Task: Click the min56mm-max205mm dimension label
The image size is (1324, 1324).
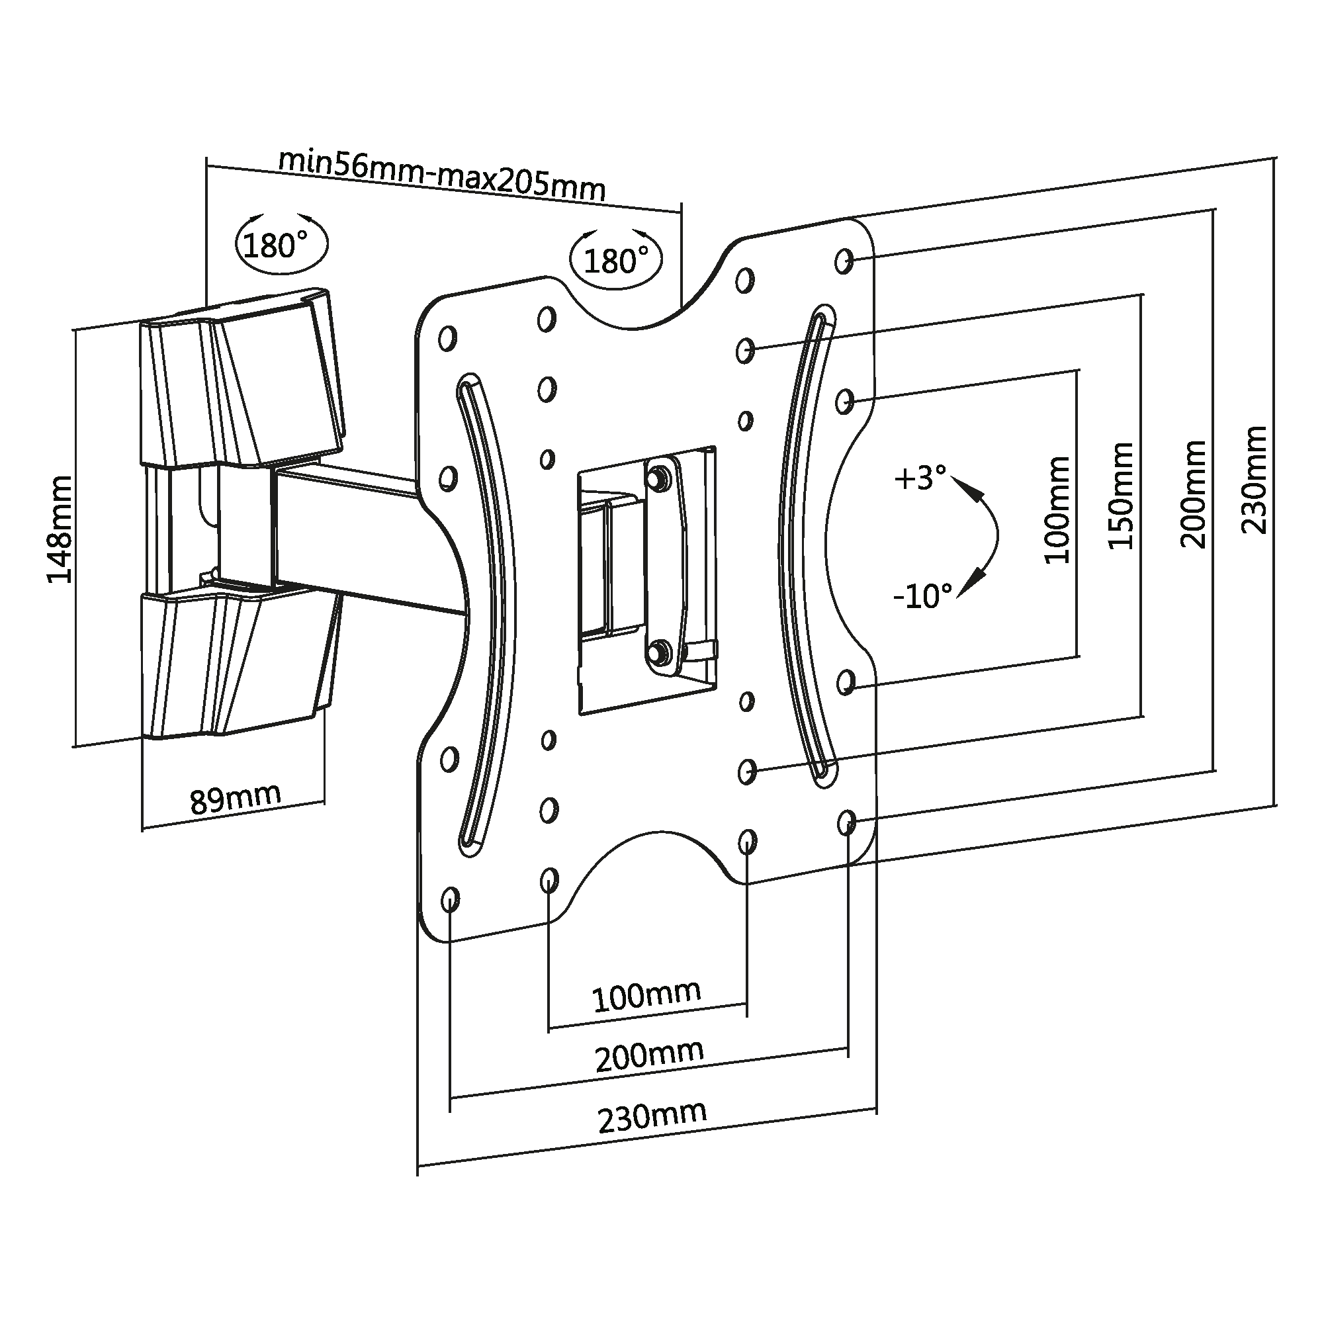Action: [x=442, y=176]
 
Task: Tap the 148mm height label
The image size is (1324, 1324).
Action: [x=60, y=529]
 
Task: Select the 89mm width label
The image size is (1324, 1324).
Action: [x=235, y=798]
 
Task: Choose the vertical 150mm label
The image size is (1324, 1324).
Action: [x=1121, y=496]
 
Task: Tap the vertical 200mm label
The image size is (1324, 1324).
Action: [x=1193, y=494]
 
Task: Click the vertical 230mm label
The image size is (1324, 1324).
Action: [x=1255, y=480]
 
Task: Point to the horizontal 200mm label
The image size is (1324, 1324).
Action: [x=649, y=1056]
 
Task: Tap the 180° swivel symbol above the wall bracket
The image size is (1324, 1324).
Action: [x=281, y=244]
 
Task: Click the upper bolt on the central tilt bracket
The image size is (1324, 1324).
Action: [x=660, y=478]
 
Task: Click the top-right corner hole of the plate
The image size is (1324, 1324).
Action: [x=844, y=261]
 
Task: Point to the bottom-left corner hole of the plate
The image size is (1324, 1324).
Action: [x=450, y=899]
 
